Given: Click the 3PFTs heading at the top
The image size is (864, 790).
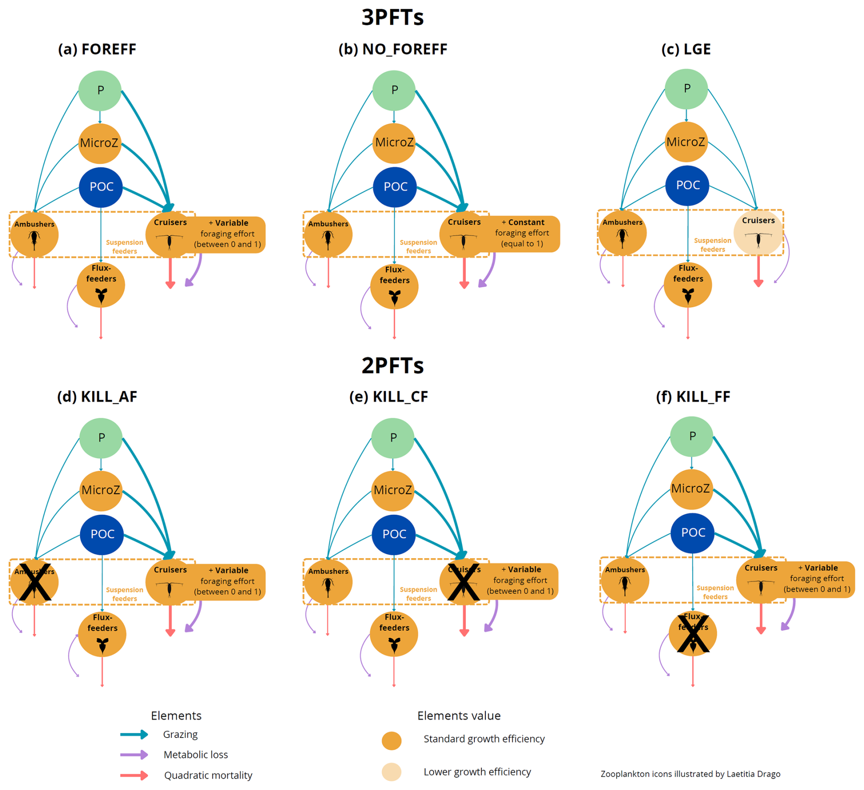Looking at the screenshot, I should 392,17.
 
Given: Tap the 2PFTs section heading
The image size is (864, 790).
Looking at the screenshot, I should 392,365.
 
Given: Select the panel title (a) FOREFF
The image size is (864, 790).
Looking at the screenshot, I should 97,49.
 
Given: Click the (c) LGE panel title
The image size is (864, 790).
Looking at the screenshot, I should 686,49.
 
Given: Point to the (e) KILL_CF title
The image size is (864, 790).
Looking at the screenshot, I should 389,397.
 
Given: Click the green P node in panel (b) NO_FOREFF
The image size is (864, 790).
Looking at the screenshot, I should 394,90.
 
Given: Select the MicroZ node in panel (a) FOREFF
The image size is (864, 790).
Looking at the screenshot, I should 100,143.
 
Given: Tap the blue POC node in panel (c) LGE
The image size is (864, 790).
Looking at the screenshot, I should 687,185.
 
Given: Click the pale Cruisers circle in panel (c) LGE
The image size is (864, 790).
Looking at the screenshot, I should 758,233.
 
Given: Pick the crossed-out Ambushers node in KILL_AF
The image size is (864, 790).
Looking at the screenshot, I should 34,582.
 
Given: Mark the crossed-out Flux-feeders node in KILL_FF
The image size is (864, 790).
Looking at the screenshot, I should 693,633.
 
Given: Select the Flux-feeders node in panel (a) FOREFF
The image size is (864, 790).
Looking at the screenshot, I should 101,285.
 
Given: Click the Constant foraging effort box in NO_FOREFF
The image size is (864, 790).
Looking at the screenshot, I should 522,233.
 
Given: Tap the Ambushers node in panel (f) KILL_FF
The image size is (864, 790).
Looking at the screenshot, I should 625,580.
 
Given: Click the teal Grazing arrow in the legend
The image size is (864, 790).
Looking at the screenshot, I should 134,734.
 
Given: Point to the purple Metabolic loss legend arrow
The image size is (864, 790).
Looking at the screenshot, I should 134,755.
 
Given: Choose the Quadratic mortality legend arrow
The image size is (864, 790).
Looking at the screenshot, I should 134,775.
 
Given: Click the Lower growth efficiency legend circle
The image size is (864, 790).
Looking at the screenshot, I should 391,772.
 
